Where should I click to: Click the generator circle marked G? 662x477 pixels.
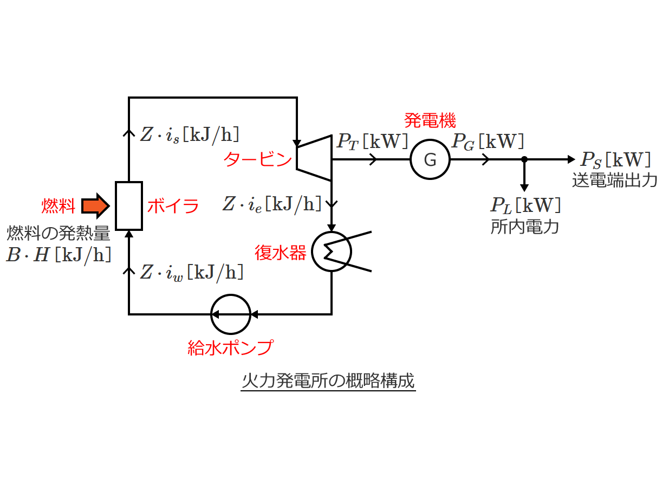click(430, 160)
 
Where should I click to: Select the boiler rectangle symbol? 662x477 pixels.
click(129, 206)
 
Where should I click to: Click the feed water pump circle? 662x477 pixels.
click(231, 314)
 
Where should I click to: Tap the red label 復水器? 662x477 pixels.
click(281, 252)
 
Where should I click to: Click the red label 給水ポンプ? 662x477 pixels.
click(230, 347)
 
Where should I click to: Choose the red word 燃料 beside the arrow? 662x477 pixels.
click(57, 206)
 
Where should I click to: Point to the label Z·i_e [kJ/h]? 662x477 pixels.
click(272, 204)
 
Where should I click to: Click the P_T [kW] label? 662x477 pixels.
click(372, 142)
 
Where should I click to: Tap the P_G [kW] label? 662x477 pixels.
click(488, 142)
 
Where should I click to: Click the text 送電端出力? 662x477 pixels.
click(615, 181)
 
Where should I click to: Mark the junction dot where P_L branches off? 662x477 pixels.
click(524, 159)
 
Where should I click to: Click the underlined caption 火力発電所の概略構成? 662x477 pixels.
click(328, 381)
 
